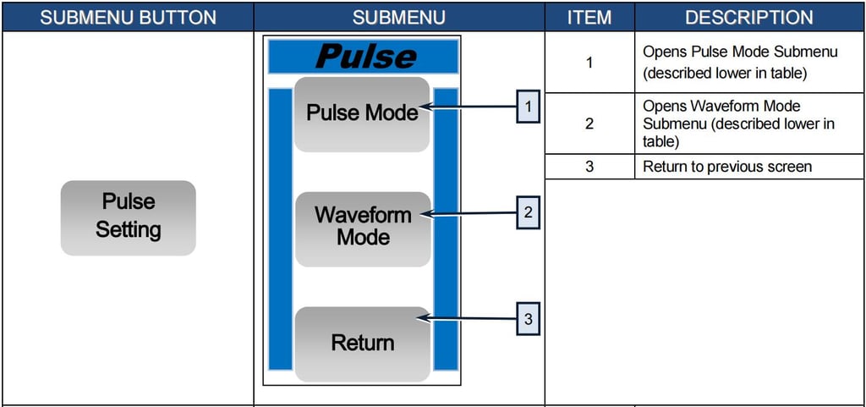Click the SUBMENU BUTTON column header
click(x=128, y=17)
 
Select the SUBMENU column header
click(x=398, y=17)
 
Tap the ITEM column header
click(x=589, y=17)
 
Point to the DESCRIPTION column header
click(x=749, y=17)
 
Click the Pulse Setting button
click(x=129, y=217)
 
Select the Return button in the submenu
click(x=362, y=344)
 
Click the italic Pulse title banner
click(x=364, y=57)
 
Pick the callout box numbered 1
click(x=528, y=107)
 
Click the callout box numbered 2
click(x=528, y=213)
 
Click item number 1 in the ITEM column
click(x=589, y=63)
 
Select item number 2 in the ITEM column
click(x=589, y=124)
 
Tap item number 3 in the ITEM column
click(x=589, y=167)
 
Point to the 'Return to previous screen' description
click(x=727, y=167)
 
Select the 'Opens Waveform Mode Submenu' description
click(x=738, y=124)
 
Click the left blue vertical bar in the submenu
click(x=280, y=228)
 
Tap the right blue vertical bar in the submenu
click(x=446, y=228)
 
